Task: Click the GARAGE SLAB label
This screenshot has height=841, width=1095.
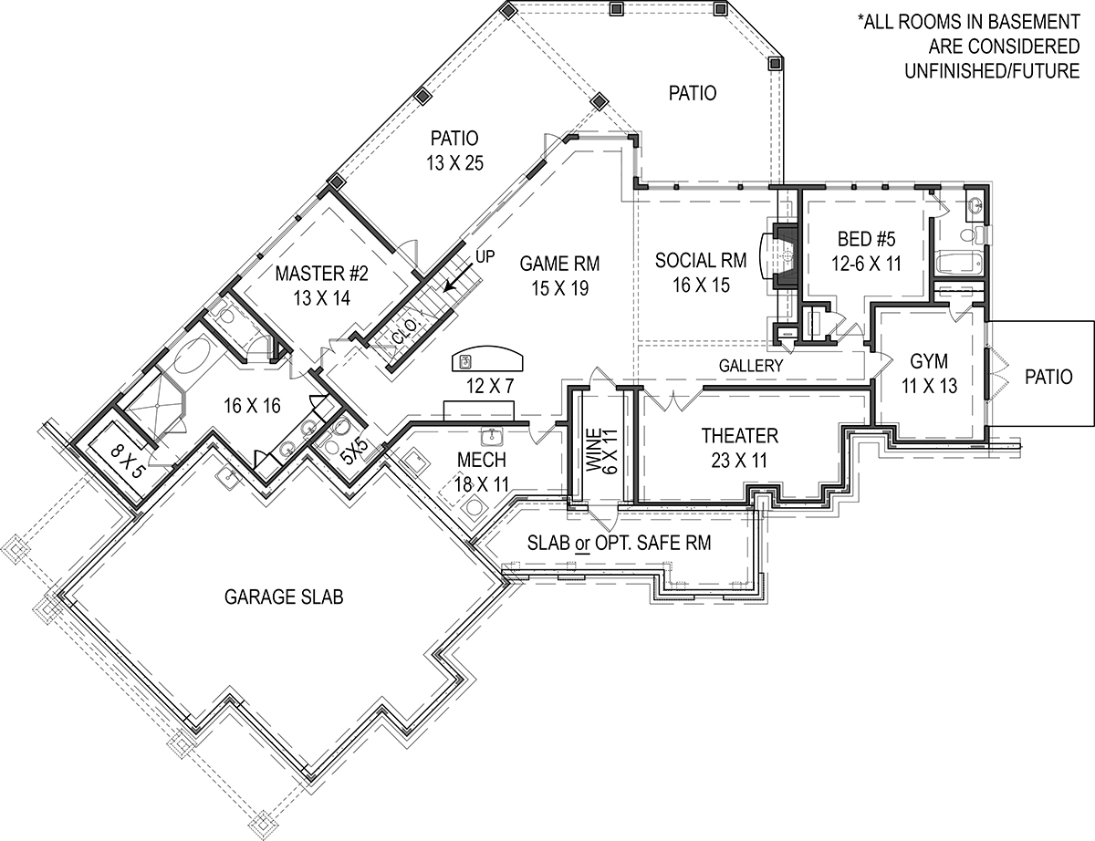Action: click(x=283, y=597)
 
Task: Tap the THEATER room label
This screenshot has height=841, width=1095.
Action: click(x=739, y=435)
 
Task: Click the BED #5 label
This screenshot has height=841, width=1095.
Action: click(x=867, y=240)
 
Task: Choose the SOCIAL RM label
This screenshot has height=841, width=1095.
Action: click(x=701, y=261)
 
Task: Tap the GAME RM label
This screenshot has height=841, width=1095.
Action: click(x=559, y=265)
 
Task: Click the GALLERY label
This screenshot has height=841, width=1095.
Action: click(x=751, y=365)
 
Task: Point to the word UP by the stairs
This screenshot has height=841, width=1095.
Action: click(x=485, y=257)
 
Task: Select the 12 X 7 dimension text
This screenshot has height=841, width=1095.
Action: click(x=489, y=387)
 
